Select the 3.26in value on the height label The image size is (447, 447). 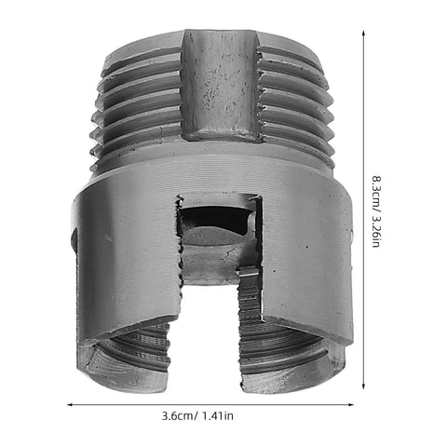point(376,229)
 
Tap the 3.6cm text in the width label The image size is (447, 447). point(177,415)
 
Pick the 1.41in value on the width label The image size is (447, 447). point(218,415)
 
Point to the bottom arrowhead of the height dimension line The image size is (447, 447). point(363,386)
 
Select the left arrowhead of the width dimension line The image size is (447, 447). point(70,404)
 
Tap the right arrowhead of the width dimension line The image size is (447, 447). point(351,404)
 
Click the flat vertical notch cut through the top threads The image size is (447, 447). point(220,86)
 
